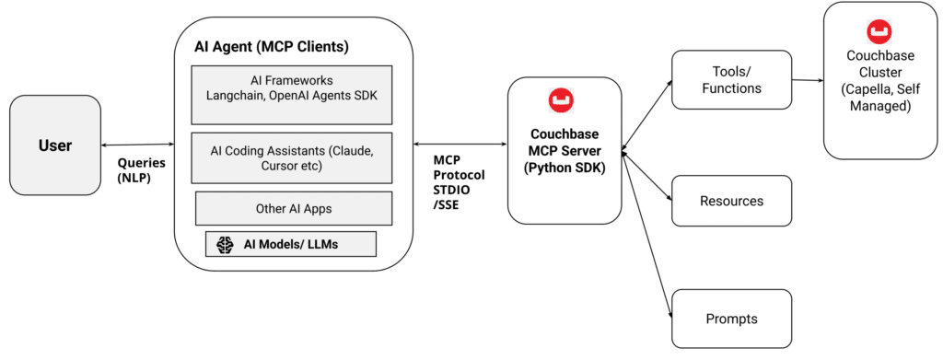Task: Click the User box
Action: (55, 145)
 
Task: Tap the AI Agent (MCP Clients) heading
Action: (271, 46)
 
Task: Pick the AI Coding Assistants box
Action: (293, 157)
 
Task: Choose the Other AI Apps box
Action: (293, 208)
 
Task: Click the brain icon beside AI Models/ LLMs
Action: (223, 244)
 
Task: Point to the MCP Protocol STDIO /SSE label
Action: (459, 182)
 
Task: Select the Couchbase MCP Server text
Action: (565, 148)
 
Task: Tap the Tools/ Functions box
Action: (731, 79)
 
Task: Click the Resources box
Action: (731, 201)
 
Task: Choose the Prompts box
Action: (731, 319)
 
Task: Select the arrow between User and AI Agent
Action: (138, 145)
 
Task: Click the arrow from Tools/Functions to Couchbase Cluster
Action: (807, 80)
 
